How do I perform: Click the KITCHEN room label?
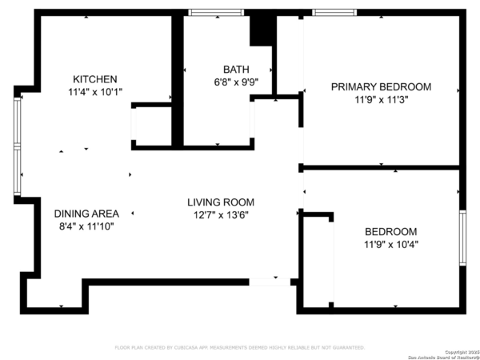pyautogui.click(x=95, y=79)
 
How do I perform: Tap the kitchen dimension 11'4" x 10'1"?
pyautogui.click(x=95, y=92)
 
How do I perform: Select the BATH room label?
pyautogui.click(x=236, y=70)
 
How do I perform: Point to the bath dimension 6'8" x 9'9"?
pyautogui.click(x=236, y=82)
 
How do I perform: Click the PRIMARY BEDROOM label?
pyautogui.click(x=381, y=87)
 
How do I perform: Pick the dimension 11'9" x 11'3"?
pyautogui.click(x=381, y=100)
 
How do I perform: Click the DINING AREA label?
pyautogui.click(x=86, y=214)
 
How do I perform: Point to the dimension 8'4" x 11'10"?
pyautogui.click(x=86, y=226)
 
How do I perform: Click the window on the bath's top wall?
pyautogui.click(x=216, y=13)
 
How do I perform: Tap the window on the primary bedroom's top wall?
pyautogui.click(x=334, y=13)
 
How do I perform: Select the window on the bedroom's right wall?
pyautogui.click(x=462, y=238)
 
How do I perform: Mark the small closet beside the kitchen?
pyautogui.click(x=152, y=126)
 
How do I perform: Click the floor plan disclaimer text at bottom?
pyautogui.click(x=239, y=348)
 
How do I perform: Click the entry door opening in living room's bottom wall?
pyautogui.click(x=270, y=282)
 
